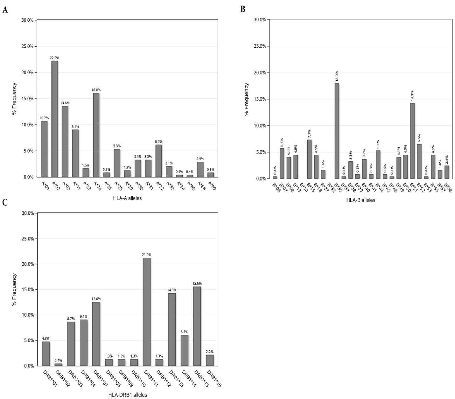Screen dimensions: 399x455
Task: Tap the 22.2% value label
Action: pos(54,58)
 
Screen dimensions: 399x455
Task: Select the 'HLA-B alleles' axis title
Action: pos(360,200)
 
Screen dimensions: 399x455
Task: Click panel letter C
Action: pos(5,202)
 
